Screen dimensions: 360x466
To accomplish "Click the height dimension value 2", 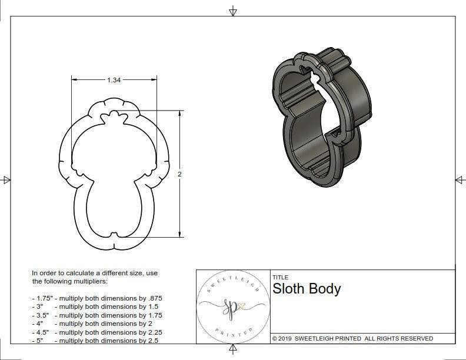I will point(179,174).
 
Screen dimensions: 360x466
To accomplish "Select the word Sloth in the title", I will point(288,289).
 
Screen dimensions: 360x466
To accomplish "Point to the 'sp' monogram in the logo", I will point(231,306).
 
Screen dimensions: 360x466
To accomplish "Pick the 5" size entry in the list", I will point(38,341).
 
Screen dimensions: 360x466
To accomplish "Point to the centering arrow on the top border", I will point(234,11).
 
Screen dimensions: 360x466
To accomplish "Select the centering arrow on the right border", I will point(460,179).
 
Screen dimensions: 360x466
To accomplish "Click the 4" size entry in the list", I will point(38,324).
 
